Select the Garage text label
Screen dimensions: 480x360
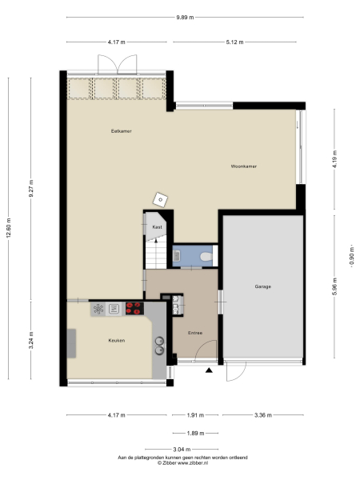262,286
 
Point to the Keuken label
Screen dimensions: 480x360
118,340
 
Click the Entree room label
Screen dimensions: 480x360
194,333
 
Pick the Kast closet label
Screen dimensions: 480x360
157,228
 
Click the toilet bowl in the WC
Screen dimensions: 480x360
206,257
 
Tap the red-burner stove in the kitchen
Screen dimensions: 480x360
133,306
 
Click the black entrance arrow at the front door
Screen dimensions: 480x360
209,370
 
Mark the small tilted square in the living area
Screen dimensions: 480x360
162,199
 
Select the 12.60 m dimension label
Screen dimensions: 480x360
9,228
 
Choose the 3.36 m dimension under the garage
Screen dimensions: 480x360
262,414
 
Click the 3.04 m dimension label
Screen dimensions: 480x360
182,449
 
